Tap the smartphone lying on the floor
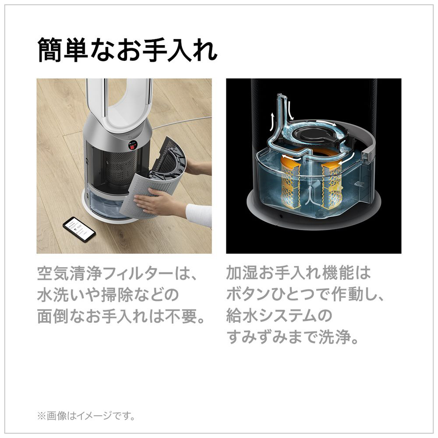[79, 229]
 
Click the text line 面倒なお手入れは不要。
[121, 317]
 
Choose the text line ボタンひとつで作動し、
[305, 296]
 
